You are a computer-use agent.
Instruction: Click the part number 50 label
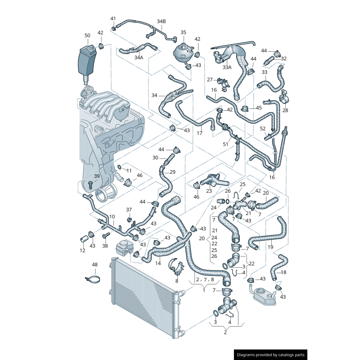(x=87, y=36)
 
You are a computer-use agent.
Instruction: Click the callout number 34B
(x=161, y=21)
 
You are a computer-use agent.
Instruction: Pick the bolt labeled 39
(x=90, y=185)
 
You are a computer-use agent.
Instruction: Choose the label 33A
(x=227, y=67)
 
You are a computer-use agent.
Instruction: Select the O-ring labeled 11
(x=119, y=166)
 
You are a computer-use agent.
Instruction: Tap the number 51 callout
(x=225, y=144)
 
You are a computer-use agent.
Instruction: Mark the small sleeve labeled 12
(x=84, y=239)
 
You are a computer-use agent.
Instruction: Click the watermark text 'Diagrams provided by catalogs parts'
(x=271, y=355)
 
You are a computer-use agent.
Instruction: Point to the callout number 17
(x=199, y=133)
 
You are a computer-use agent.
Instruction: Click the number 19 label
(x=270, y=247)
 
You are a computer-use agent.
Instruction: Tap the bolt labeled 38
(x=107, y=235)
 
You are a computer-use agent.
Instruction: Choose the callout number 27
(x=210, y=80)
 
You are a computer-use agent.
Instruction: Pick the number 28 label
(x=285, y=110)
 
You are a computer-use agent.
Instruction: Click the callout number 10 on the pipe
(x=112, y=216)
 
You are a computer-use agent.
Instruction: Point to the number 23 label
(x=209, y=191)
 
